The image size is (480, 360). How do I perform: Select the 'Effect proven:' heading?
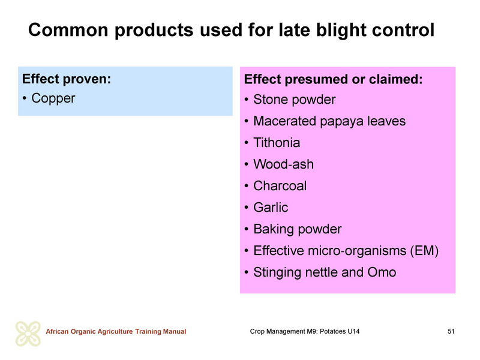(67, 79)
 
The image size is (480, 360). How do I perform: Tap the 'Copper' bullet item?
(53, 98)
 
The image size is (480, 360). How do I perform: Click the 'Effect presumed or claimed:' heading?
(334, 79)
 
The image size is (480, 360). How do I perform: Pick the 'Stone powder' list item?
(295, 100)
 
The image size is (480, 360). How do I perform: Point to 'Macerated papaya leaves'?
(329, 121)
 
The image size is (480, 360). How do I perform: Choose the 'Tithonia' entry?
(277, 143)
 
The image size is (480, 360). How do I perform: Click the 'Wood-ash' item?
(283, 164)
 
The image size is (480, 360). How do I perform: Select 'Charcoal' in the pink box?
(280, 186)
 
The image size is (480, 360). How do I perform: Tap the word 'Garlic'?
(271, 208)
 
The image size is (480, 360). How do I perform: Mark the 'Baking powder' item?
(298, 229)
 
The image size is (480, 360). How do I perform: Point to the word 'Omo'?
(382, 272)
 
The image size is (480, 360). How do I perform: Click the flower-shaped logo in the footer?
(28, 334)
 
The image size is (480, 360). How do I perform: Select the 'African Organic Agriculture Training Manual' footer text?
(116, 332)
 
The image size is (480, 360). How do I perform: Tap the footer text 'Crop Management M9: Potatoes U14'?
(305, 332)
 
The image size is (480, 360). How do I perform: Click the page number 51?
(451, 332)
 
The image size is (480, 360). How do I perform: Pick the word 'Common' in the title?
(68, 31)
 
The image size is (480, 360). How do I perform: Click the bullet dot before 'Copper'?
(25, 99)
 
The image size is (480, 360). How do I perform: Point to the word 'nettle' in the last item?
(320, 272)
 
